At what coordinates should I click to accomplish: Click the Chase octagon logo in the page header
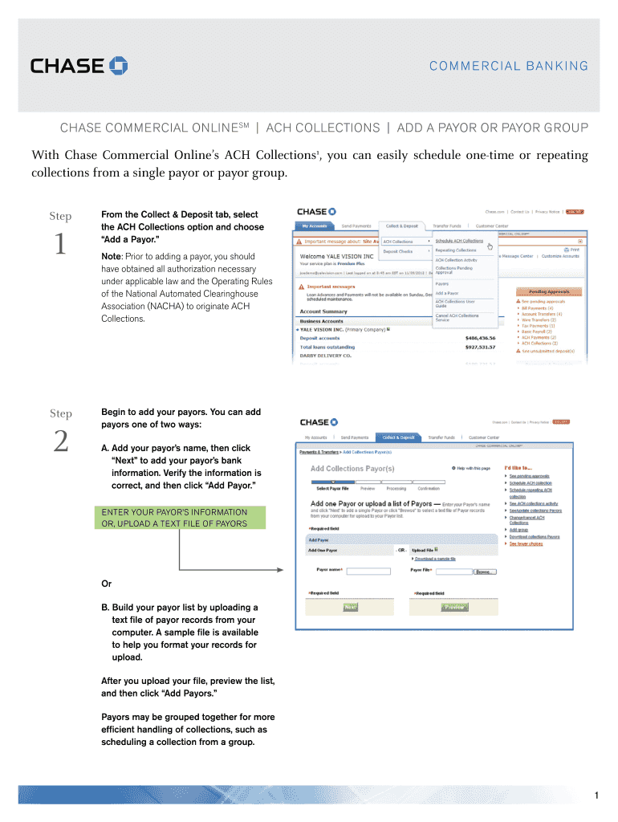click(119, 66)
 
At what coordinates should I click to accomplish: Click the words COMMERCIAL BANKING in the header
click(519, 67)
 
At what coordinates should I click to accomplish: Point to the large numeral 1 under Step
click(60, 246)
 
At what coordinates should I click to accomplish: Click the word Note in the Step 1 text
click(110, 255)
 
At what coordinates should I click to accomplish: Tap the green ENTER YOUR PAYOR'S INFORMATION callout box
click(174, 518)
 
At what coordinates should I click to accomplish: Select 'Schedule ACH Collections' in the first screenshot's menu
click(459, 241)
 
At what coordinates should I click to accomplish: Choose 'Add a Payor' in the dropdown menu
click(446, 293)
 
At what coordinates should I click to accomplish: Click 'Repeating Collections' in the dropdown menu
click(456, 250)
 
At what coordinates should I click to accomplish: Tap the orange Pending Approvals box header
click(548, 292)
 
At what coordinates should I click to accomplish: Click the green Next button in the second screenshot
click(351, 608)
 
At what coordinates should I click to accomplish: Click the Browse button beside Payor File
click(484, 572)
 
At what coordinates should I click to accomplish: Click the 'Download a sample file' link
click(435, 559)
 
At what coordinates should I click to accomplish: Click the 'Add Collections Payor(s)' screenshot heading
click(352, 469)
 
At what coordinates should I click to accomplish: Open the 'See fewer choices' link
click(526, 544)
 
